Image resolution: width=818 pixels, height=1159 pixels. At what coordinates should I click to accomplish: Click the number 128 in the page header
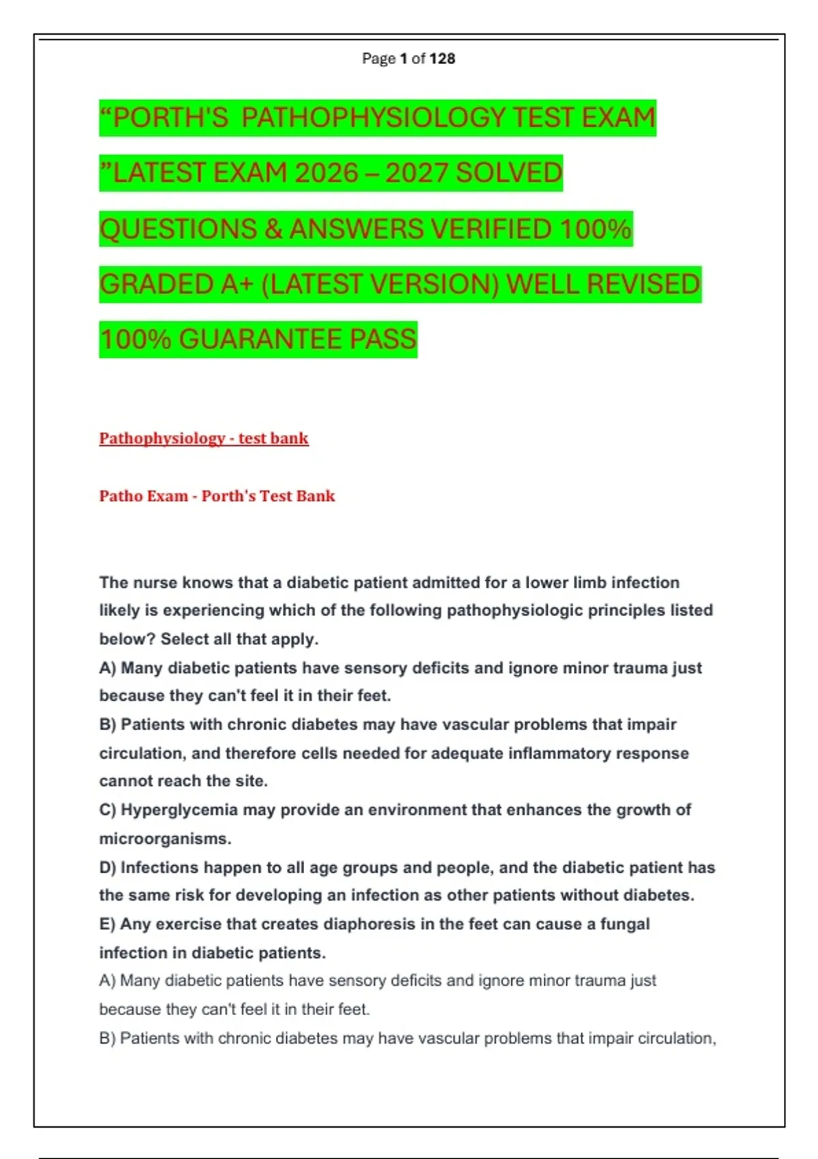click(x=442, y=59)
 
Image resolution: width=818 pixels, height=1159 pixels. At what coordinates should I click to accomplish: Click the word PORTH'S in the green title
click(x=170, y=117)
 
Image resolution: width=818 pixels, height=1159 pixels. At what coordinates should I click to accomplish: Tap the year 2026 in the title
click(x=327, y=173)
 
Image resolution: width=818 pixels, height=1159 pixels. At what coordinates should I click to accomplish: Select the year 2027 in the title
click(x=416, y=173)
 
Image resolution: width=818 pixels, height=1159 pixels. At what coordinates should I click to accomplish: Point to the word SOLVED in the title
click(x=509, y=173)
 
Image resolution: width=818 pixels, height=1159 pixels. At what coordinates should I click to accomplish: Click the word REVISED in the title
click(x=643, y=284)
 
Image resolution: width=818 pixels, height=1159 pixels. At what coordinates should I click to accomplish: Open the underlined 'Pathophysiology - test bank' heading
click(x=204, y=438)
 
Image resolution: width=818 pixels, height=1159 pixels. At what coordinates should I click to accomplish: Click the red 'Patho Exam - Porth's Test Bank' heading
click(x=217, y=496)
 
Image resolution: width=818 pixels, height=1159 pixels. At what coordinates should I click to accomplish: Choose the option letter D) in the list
click(x=108, y=868)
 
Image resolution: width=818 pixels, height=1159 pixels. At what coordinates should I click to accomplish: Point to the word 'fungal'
click(x=624, y=924)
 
